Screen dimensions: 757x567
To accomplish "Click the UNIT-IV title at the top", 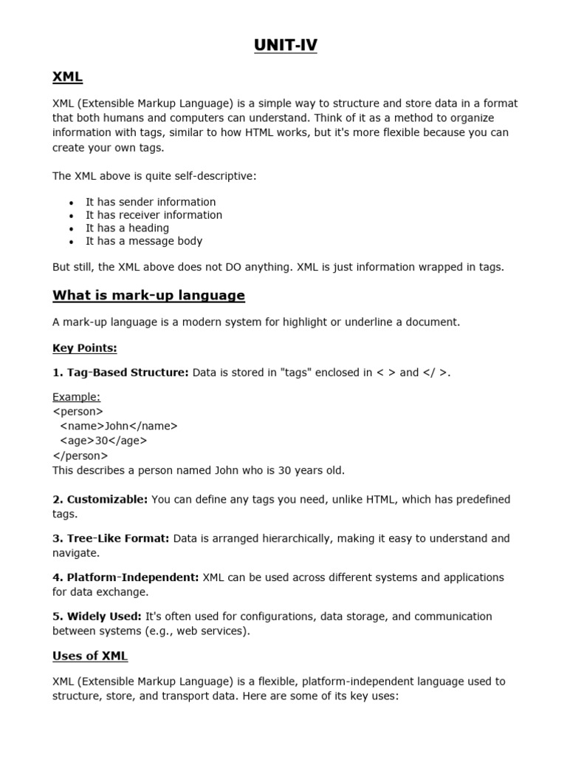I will pyautogui.click(x=285, y=46).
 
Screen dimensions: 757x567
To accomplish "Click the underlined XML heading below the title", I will pyautogui.click(x=67, y=76).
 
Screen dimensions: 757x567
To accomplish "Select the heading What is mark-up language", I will pyautogui.click(x=148, y=296).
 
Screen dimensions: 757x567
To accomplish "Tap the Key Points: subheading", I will pyautogui.click(x=84, y=347).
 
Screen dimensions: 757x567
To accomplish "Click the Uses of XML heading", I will pyautogui.click(x=90, y=656).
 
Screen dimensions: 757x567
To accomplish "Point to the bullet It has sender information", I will pyautogui.click(x=151, y=202).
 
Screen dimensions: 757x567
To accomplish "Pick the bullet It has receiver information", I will pyautogui.click(x=154, y=215).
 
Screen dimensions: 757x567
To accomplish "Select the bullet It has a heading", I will pyautogui.click(x=127, y=228).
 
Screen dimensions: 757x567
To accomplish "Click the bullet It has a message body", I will pyautogui.click(x=143, y=241).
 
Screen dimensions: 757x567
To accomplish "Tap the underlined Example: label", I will pyautogui.click(x=76, y=397).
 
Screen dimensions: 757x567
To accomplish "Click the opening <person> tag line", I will pyautogui.click(x=78, y=411).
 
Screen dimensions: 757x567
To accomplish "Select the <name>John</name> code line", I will pyautogui.click(x=118, y=426).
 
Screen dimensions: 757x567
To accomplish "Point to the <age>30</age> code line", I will pyautogui.click(x=103, y=441).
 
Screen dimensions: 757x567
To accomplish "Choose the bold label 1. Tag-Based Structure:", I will pyautogui.click(x=120, y=373).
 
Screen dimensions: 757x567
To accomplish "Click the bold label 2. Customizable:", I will pyautogui.click(x=100, y=500).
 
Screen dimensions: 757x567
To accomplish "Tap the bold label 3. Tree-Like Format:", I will pyautogui.click(x=111, y=538).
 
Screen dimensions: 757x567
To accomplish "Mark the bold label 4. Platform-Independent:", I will pyautogui.click(x=126, y=577).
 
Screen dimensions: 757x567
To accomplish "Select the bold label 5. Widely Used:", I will pyautogui.click(x=96, y=617).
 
